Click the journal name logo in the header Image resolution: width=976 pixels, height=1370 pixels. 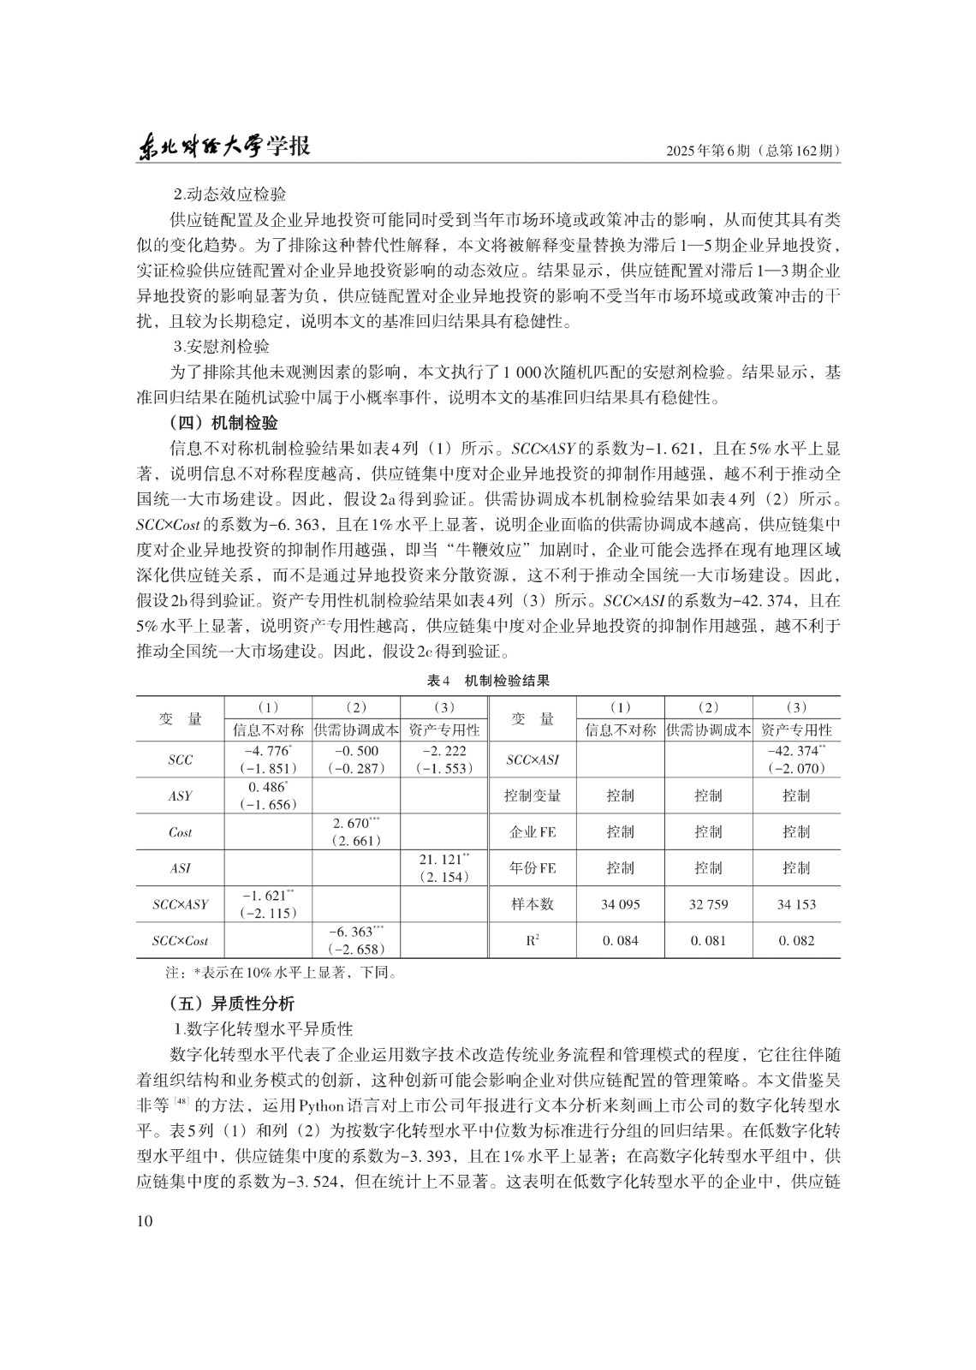point(223,147)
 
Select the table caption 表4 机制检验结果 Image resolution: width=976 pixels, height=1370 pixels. point(488,681)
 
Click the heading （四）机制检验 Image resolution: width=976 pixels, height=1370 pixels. point(223,423)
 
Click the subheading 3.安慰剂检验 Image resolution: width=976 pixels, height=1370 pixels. point(221,347)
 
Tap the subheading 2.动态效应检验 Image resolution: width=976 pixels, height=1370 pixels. point(229,194)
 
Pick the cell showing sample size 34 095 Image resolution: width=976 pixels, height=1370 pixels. point(621,904)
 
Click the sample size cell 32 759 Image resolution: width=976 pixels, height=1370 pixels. point(708,904)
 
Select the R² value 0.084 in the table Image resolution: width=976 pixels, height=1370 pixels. point(621,940)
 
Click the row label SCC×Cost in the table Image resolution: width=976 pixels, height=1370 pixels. point(180,941)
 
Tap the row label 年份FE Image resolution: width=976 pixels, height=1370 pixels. point(533,868)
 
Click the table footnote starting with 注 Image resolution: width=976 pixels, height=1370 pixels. point(279,973)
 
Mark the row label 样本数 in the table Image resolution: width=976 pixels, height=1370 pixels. point(533,904)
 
